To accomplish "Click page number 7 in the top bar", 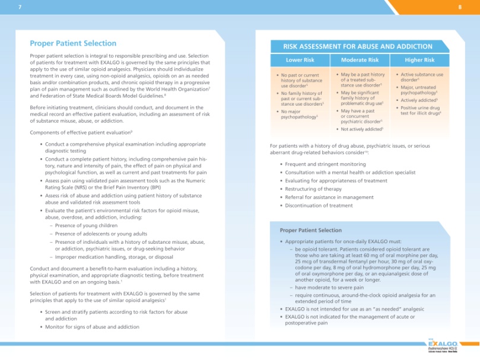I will [x=20, y=7].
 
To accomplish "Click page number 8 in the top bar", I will [x=460, y=7].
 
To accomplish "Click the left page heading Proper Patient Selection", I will [x=73, y=43].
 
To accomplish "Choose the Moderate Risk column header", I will [x=360, y=60].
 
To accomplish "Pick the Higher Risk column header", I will [x=419, y=60].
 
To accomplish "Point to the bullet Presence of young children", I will [x=86, y=225].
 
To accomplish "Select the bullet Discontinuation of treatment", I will [x=319, y=205].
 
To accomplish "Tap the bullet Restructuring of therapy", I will [x=313, y=189].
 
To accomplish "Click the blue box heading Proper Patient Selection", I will [x=310, y=230].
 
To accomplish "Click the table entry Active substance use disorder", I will [x=422, y=77].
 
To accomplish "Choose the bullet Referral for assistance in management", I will [x=329, y=197].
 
